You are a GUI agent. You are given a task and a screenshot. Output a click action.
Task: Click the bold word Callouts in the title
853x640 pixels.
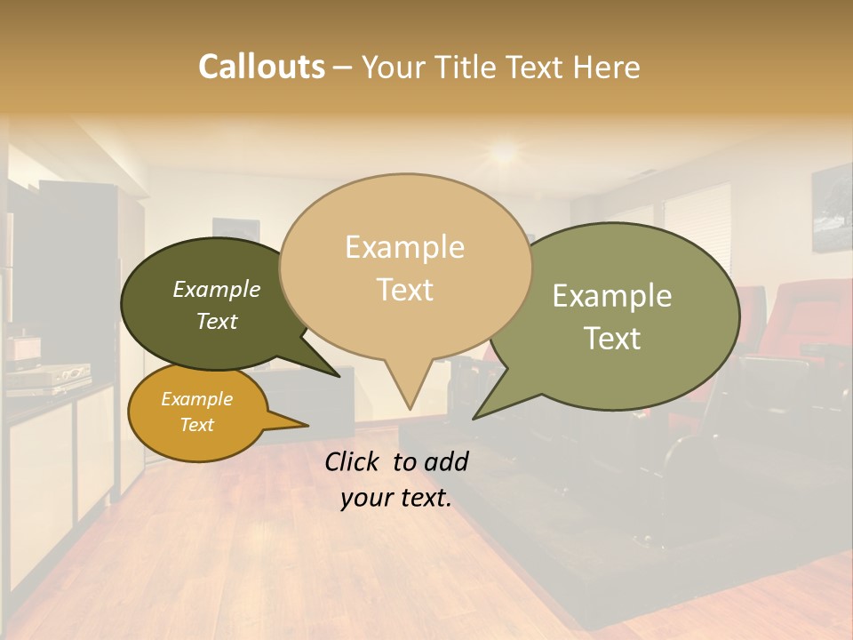tap(261, 67)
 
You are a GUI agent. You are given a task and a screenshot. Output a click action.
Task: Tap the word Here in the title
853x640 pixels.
tap(607, 67)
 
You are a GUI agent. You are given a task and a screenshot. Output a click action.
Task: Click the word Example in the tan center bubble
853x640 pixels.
tap(404, 247)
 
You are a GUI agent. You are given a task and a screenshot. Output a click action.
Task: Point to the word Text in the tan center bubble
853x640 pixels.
tap(404, 289)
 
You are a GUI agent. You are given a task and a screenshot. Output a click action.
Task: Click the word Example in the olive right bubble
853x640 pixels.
tap(612, 296)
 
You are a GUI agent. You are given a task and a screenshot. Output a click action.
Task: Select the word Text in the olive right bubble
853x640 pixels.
tap(612, 338)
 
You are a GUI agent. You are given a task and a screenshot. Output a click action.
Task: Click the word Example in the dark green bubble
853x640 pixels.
tap(217, 289)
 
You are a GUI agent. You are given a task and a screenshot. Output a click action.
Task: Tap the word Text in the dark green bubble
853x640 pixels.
tap(217, 321)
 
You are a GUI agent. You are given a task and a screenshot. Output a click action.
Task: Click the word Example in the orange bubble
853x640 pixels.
tap(196, 399)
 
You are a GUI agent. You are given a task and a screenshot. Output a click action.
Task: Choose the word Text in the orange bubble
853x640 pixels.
tap(196, 425)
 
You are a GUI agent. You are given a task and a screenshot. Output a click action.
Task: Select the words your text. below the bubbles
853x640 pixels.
tap(395, 498)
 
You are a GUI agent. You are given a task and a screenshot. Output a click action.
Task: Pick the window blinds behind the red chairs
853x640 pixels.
tap(698, 231)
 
